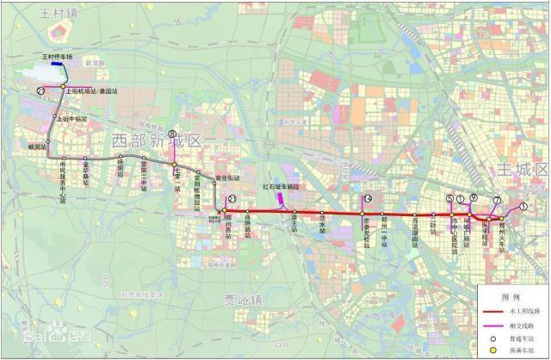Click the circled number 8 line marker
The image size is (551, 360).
[172, 134]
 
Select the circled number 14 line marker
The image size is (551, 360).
[368, 200]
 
